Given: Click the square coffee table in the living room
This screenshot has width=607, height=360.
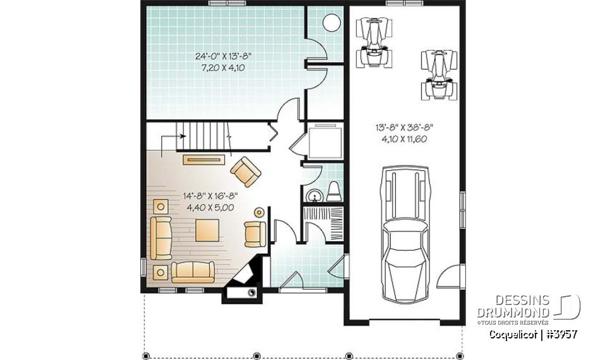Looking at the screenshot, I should (x=208, y=230).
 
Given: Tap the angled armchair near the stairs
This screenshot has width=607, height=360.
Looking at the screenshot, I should (x=246, y=171).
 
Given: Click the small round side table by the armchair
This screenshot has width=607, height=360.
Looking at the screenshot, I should (x=259, y=211).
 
